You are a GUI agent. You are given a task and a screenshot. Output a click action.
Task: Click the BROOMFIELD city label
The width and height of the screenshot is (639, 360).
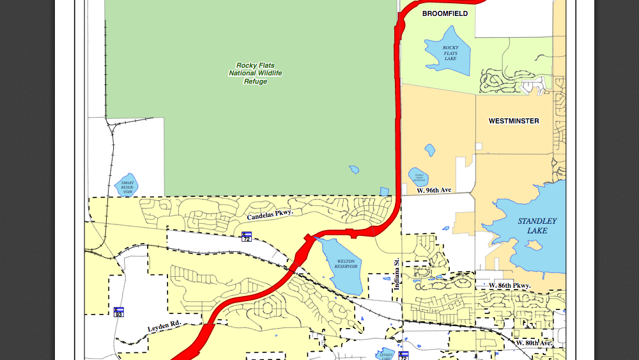pyautogui.click(x=445, y=13)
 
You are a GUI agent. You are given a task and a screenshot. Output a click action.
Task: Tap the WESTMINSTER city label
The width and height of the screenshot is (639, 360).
pyautogui.click(x=514, y=121)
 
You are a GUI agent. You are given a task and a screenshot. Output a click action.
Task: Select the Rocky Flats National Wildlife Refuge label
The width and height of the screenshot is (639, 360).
pyautogui.click(x=256, y=74)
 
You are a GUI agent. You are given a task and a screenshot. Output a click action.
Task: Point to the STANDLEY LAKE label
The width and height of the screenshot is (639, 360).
pyautogui.click(x=537, y=226)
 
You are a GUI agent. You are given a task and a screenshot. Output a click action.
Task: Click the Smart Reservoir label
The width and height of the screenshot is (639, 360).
pyautogui.click(x=128, y=186)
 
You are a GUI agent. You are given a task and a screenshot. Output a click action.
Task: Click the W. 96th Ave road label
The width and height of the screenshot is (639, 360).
pyautogui.click(x=434, y=191)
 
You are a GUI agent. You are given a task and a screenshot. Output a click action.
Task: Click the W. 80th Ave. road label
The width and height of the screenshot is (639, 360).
pyautogui.click(x=534, y=343)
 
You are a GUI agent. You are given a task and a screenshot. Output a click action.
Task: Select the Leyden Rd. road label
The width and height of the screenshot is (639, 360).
pyautogui.click(x=165, y=327)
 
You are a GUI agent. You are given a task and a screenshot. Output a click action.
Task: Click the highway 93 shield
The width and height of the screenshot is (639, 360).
pyautogui.click(x=119, y=312)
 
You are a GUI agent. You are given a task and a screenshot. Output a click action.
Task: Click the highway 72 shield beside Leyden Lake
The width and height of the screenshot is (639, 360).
pyautogui.click(x=404, y=355)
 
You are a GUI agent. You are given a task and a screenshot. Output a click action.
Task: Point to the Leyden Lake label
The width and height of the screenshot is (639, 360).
pyautogui.click(x=386, y=355)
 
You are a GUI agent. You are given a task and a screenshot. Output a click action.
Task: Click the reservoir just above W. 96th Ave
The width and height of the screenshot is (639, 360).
pyautogui.click(x=419, y=177)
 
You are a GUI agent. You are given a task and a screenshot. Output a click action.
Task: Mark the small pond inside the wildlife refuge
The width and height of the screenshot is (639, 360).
pyautogui.click(x=353, y=169)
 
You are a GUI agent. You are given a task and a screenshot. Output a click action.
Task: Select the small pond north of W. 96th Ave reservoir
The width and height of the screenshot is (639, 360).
pyautogui.click(x=429, y=150)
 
